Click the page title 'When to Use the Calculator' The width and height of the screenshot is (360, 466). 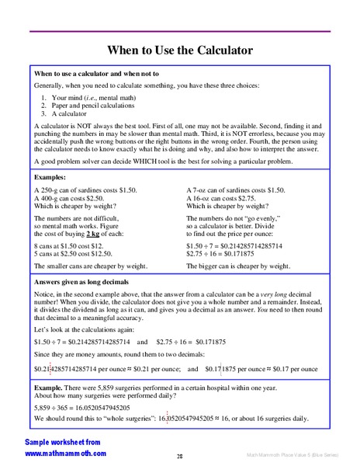[x=179, y=51]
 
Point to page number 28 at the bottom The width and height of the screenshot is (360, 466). [x=179, y=457]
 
